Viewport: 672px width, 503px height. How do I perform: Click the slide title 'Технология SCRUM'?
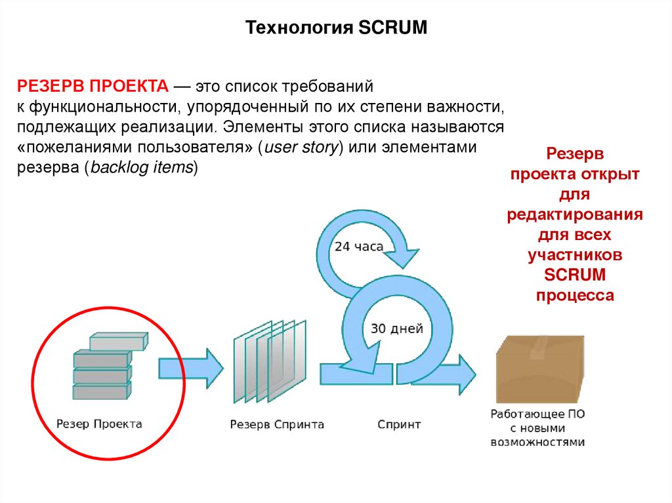tap(336, 28)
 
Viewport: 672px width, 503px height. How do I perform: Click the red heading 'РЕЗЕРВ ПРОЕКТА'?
tap(94, 86)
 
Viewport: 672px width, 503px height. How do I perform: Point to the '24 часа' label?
tap(359, 247)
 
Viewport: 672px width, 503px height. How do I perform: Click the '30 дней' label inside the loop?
tap(397, 329)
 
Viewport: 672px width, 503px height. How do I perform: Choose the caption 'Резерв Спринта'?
tap(276, 424)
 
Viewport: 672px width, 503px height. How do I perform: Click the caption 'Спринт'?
tap(399, 424)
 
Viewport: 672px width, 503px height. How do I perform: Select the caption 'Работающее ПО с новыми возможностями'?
tap(537, 428)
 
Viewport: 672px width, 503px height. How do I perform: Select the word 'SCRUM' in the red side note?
tap(574, 274)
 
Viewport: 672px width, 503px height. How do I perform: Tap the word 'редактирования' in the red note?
tap(574, 216)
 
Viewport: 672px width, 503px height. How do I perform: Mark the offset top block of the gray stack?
tap(118, 341)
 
